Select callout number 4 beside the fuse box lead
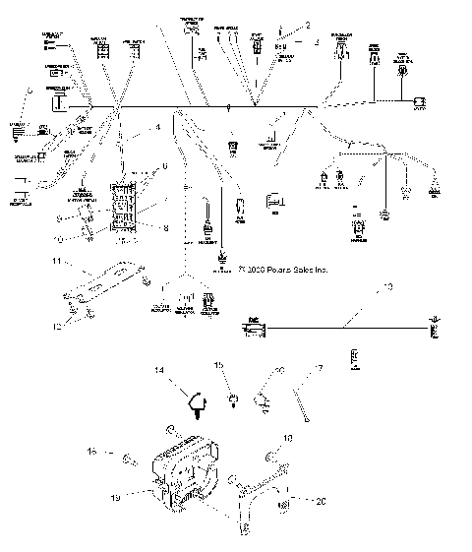point(155,128)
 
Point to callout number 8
point(165,227)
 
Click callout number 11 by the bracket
point(57,260)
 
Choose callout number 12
point(57,325)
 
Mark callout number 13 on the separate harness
point(386,286)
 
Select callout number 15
point(219,364)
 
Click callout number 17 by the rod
point(318,370)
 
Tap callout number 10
point(57,238)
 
